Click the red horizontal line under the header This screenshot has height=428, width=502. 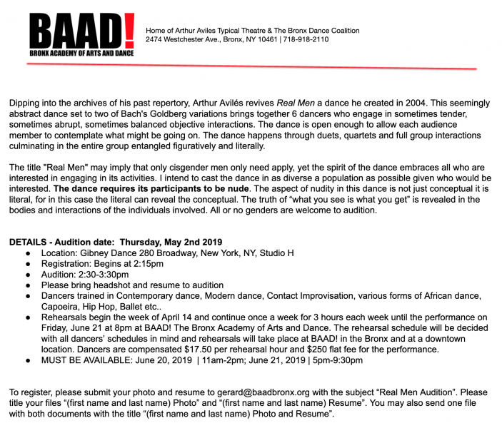tap(250, 66)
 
